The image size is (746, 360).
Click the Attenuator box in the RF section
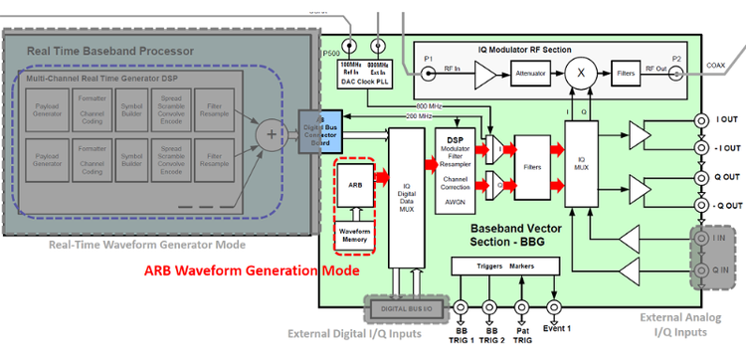(539, 72)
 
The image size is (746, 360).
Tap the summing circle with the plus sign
(269, 130)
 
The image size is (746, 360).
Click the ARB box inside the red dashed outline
(353, 185)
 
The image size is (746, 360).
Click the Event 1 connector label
(558, 327)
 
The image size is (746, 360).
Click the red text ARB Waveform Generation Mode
(251, 270)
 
